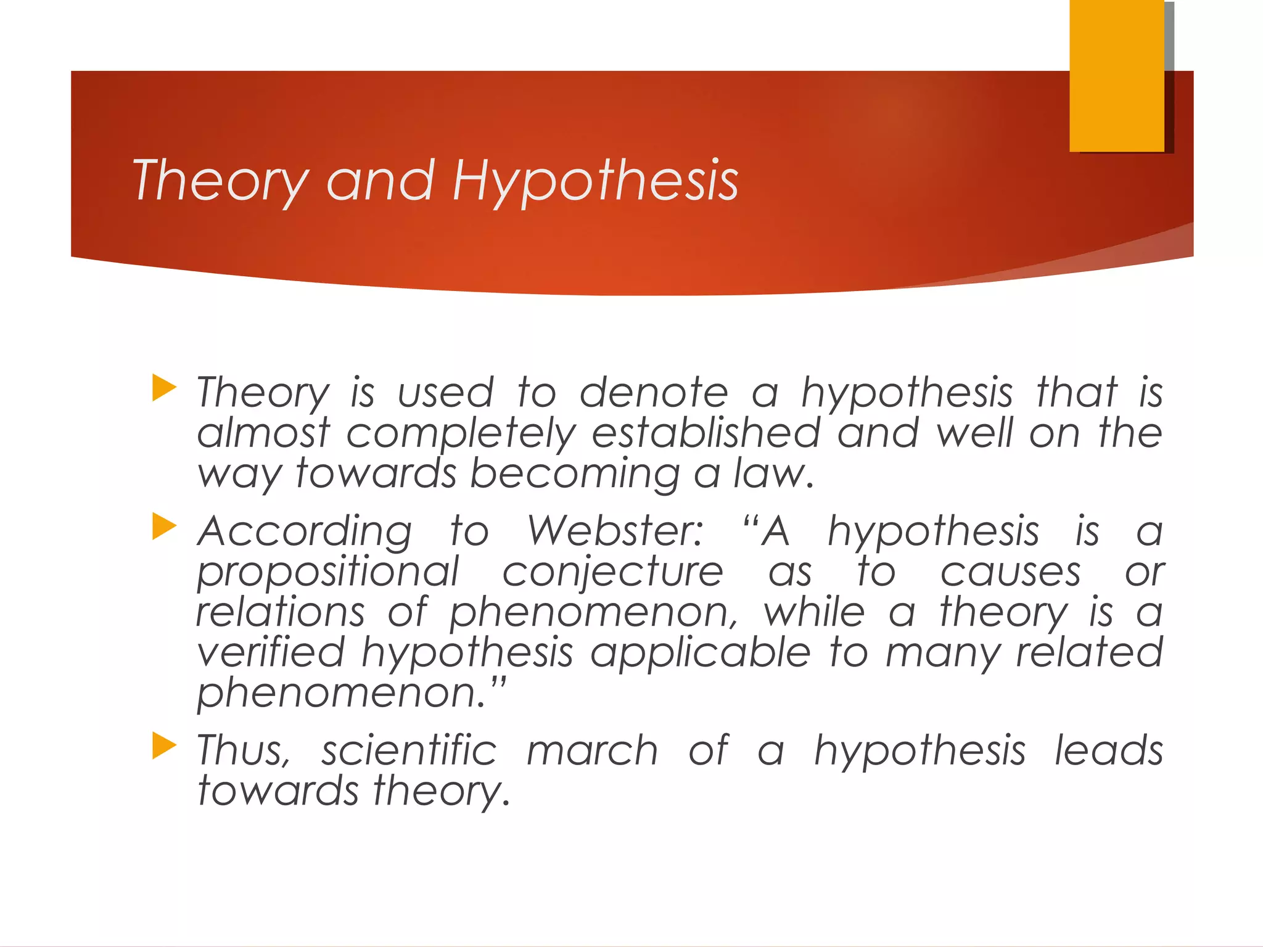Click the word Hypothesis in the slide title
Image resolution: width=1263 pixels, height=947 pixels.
point(595,181)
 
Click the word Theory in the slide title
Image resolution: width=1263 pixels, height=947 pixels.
point(220,181)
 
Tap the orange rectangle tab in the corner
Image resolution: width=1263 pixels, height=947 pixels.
point(1117,75)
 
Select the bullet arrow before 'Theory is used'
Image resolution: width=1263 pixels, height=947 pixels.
point(164,388)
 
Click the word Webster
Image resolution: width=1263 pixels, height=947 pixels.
point(615,531)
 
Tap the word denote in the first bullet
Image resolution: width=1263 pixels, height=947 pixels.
point(654,393)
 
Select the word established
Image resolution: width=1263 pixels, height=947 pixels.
point(706,433)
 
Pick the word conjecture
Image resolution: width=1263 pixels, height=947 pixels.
point(612,572)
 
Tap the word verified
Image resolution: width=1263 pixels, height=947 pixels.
point(271,652)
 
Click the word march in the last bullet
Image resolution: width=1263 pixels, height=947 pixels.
point(592,751)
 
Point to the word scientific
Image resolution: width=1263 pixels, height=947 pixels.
point(409,751)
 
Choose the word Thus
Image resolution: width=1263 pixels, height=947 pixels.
point(243,751)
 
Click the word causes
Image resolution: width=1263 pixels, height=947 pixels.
point(1010,572)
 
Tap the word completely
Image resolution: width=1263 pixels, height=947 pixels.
point(461,434)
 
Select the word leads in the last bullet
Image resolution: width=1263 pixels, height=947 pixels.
point(1108,751)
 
